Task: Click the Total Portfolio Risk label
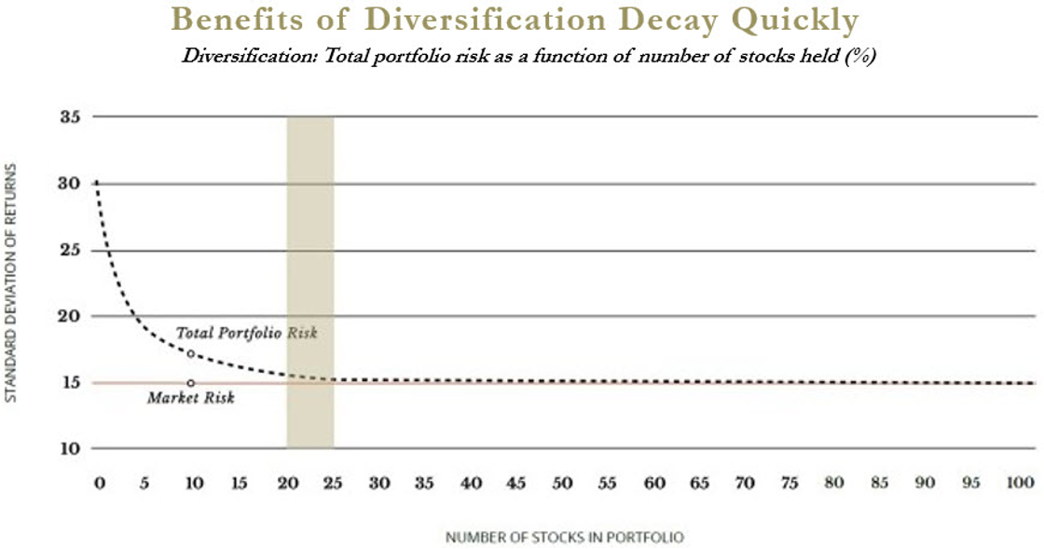point(246,333)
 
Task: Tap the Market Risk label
point(192,399)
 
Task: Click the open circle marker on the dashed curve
point(191,354)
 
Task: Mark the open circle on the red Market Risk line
point(191,383)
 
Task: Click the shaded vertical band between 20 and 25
point(309,280)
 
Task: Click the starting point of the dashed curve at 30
point(97,183)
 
